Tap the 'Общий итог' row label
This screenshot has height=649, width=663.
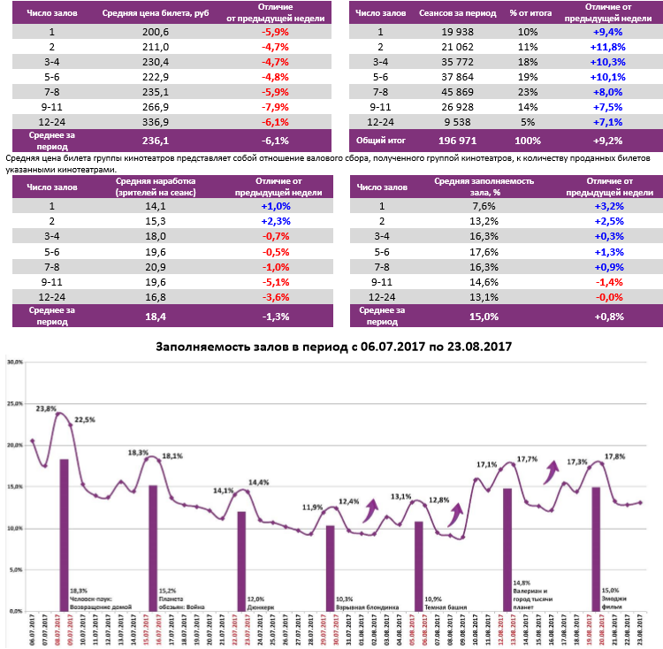379,140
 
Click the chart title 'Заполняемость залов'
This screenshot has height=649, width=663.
333,347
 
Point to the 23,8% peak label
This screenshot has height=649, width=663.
46,409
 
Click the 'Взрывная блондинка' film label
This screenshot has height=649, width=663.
367,607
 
